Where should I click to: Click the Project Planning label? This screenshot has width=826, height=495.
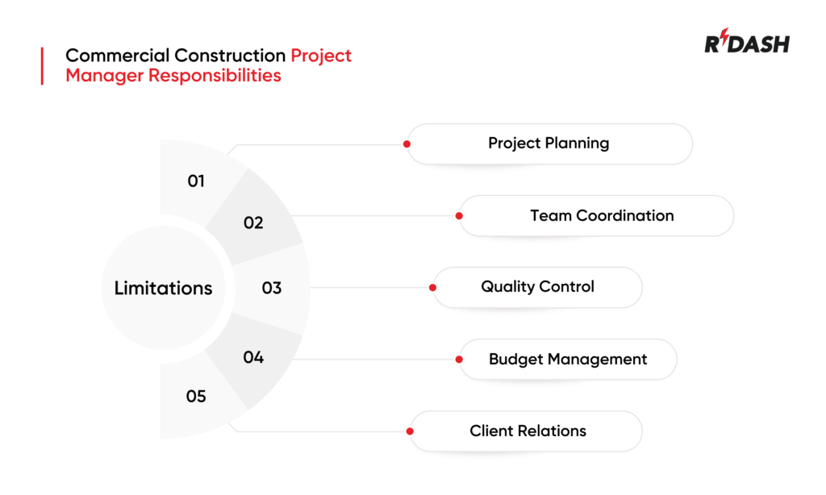click(x=549, y=144)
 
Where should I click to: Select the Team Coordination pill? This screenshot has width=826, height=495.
click(x=602, y=216)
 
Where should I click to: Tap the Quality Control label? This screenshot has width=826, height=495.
click(x=537, y=287)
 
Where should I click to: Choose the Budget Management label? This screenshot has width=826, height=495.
click(x=568, y=360)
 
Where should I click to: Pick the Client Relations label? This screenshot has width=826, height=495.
click(x=528, y=431)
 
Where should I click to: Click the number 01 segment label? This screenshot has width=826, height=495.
click(x=196, y=181)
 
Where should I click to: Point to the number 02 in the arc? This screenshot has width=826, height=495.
click(x=253, y=223)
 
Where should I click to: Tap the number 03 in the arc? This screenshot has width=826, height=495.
click(x=272, y=288)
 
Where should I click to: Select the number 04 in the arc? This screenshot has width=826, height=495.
click(x=253, y=357)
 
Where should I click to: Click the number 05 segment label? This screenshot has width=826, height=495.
click(x=196, y=397)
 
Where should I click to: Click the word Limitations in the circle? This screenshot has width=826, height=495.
click(x=163, y=288)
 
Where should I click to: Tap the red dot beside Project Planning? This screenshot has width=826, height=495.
click(x=407, y=144)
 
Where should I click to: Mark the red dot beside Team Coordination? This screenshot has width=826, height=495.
click(x=459, y=216)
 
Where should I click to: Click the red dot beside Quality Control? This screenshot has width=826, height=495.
click(x=433, y=287)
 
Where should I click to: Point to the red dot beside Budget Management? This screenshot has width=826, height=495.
click(x=459, y=360)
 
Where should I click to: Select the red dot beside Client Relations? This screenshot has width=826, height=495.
click(x=411, y=431)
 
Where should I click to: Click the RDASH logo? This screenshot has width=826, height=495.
click(x=746, y=44)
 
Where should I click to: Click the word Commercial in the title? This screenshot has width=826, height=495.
click(x=113, y=56)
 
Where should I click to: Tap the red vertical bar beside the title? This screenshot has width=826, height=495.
click(x=42, y=65)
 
